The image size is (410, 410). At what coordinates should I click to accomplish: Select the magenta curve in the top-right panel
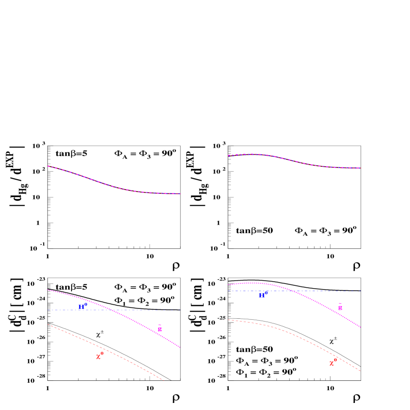click(292, 160)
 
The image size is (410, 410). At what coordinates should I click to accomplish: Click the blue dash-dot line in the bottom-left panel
click(150, 310)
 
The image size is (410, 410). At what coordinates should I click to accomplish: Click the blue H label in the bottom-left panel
click(82, 307)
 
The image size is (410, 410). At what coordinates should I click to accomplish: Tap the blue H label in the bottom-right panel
click(263, 295)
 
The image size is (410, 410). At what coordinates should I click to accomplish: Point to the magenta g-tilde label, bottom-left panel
click(160, 329)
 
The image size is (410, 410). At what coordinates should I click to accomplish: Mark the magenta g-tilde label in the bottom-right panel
click(340, 307)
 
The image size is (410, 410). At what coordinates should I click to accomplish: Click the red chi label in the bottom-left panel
click(100, 356)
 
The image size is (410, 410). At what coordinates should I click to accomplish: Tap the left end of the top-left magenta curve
click(48, 166)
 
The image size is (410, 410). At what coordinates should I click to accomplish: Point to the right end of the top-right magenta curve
click(361, 168)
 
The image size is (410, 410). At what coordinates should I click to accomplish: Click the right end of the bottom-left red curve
click(164, 380)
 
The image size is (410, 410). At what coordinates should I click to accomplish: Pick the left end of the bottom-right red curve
click(229, 320)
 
